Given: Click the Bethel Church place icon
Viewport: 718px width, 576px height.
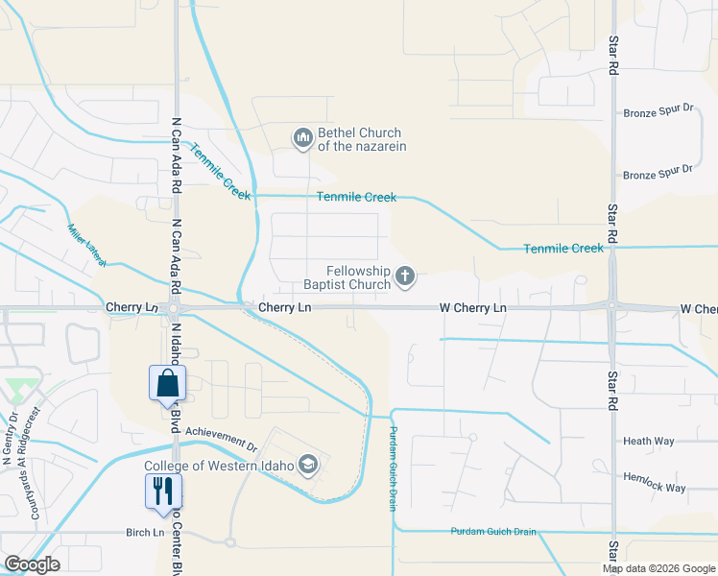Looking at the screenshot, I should [303, 139].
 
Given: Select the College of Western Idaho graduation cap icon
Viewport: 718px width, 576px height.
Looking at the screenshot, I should [308, 467].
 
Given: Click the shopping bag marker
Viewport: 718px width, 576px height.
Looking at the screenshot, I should [168, 383].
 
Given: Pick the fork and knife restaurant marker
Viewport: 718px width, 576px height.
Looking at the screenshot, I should [162, 491].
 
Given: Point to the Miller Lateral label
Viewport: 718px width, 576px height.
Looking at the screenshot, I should [85, 244].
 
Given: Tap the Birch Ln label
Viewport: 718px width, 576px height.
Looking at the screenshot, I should [145, 533].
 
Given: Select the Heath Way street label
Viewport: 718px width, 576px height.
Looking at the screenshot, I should [649, 442].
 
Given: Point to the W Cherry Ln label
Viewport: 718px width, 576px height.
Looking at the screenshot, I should [472, 308].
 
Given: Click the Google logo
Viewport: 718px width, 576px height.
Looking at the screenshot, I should [32, 564].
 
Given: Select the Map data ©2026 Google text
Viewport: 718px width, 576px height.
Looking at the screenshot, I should [658, 568].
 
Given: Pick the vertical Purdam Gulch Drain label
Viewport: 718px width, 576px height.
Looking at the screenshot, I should [393, 469].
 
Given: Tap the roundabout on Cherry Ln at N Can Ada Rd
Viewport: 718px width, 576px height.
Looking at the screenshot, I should [174, 309].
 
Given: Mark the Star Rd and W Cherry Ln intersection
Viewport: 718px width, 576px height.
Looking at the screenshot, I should [612, 308].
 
